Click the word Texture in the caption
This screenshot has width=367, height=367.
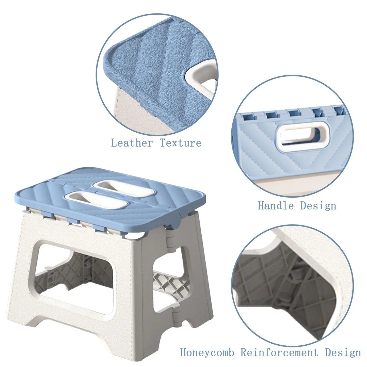[x=181, y=143]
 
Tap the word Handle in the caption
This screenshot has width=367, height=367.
[x=276, y=206]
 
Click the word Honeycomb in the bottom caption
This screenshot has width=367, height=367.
[x=207, y=353]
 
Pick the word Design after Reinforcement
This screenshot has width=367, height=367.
[x=343, y=353]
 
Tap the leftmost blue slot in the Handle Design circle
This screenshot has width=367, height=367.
[x=248, y=117]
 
